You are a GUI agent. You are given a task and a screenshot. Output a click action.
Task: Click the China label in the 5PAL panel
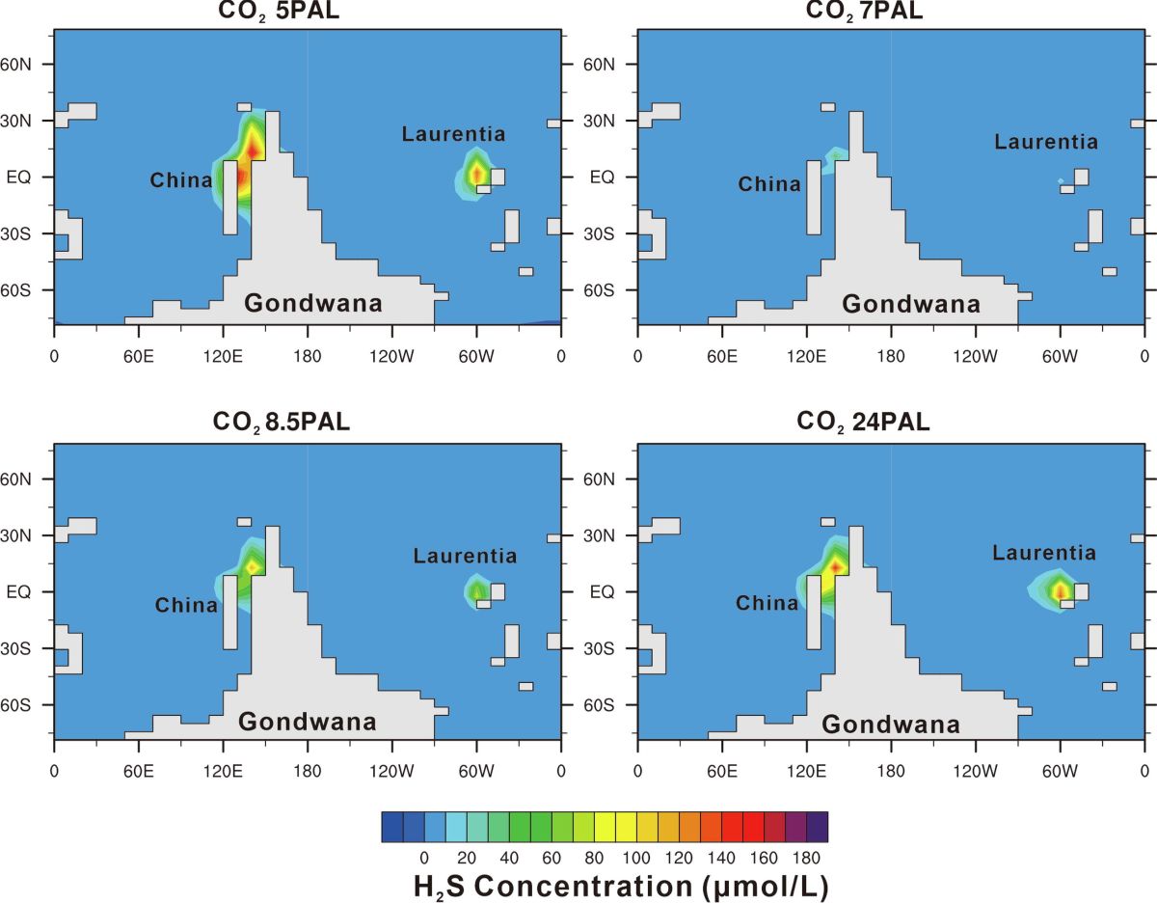pos(180,180)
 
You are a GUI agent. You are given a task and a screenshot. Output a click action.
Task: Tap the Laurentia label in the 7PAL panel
pos(1046,143)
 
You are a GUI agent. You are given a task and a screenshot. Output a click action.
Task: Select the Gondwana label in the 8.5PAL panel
pos(308,722)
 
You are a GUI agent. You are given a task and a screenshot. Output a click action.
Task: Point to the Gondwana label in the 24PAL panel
pos(891,725)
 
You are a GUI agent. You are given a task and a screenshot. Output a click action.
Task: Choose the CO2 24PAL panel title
pos(863,422)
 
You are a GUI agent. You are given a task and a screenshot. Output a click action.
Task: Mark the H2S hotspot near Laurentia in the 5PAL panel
pos(475,174)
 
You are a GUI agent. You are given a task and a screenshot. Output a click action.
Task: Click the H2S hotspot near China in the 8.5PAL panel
pos(252,565)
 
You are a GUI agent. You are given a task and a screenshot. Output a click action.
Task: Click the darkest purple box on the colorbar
pos(817,828)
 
